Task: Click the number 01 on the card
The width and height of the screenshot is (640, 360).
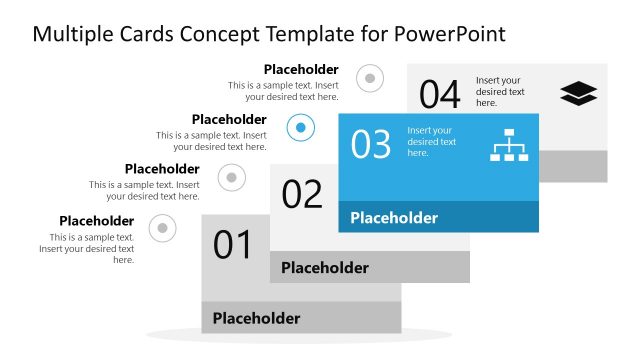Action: tap(232, 245)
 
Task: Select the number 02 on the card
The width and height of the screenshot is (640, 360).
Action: tap(302, 193)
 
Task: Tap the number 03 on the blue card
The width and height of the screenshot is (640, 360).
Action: tap(370, 145)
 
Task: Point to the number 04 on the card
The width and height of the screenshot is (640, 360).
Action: tap(439, 95)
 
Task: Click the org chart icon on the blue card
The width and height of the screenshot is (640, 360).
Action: tap(508, 145)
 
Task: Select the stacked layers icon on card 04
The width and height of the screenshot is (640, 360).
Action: tap(578, 94)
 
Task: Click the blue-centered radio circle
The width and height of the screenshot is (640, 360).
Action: tap(301, 127)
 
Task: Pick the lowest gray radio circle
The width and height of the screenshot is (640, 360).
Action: tap(162, 229)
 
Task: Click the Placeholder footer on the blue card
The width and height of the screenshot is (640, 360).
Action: tap(394, 218)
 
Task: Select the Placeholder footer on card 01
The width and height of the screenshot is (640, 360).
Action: tap(256, 319)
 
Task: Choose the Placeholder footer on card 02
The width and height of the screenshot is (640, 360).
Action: tap(325, 268)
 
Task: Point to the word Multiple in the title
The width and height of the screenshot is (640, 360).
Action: tap(71, 34)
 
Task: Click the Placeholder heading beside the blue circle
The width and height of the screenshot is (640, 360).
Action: tap(229, 120)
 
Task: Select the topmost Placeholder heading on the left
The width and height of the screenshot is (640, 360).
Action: tap(301, 70)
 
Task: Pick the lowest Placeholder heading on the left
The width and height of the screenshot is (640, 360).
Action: tap(96, 221)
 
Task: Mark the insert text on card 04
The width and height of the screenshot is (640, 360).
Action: tap(500, 91)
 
